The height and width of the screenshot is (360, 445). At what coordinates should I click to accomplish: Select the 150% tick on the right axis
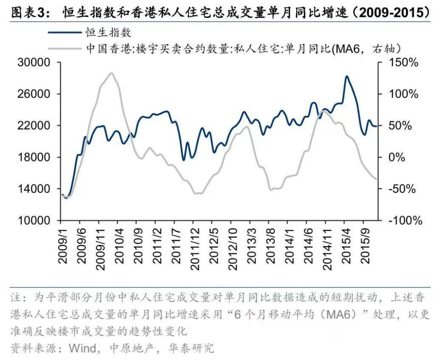[403, 63]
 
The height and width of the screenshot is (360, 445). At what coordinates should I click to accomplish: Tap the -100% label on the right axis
[405, 221]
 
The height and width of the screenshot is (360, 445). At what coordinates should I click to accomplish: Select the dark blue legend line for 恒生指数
[66, 32]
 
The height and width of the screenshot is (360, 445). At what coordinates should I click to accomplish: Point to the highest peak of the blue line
[346, 76]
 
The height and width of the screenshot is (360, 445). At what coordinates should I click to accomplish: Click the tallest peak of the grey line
[111, 73]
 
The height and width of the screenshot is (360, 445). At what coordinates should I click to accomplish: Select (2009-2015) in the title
[392, 12]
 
